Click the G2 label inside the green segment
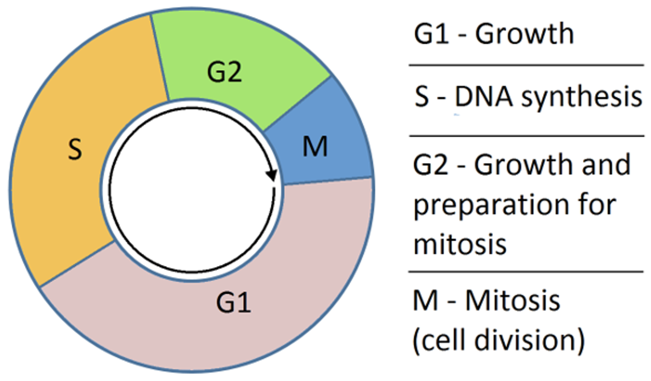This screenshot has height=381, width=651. point(224,74)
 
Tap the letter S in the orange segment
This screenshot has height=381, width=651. point(74,150)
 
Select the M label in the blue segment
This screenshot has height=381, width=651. point(315,147)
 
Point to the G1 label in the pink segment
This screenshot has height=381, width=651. point(233,304)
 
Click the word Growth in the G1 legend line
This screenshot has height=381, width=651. point(524,34)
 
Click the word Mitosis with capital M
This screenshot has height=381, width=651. point(513,301)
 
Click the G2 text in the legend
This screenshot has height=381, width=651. point(430,165)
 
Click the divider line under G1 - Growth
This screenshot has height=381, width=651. point(525,65)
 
